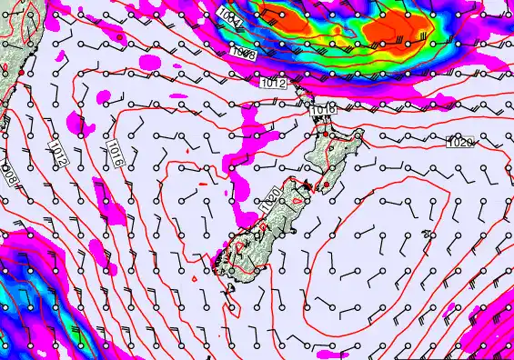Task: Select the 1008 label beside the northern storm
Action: pyautogui.click(x=242, y=54)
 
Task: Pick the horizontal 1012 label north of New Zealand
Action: pyautogui.click(x=274, y=84)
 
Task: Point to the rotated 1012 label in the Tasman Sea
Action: pyautogui.click(x=56, y=151)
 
